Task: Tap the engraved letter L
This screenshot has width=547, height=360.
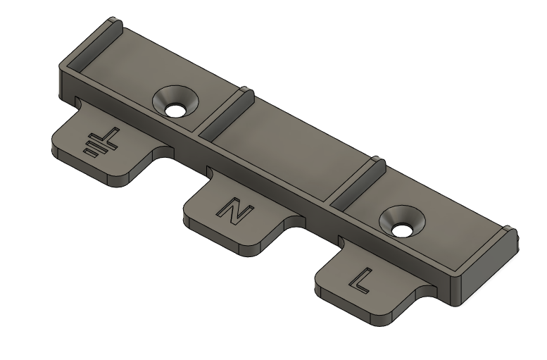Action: tap(360, 280)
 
